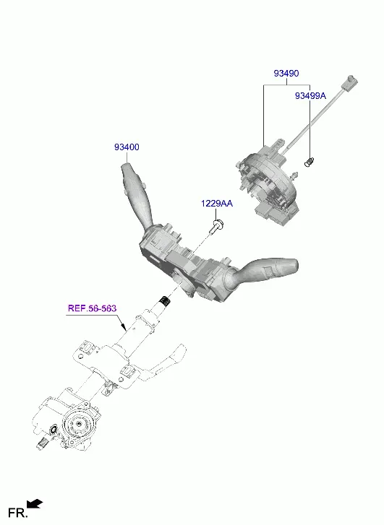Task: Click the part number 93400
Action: point(127,147)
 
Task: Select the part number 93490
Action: point(286,73)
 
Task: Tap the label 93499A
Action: point(310,96)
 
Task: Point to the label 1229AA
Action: point(217,203)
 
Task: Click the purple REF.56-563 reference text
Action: point(93,308)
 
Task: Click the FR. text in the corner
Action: point(17,513)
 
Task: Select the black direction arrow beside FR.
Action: point(35,504)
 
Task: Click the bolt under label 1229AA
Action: point(217,227)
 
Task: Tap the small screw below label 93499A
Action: point(308,162)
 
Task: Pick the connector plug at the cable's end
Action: point(350,82)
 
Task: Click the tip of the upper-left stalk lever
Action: point(126,166)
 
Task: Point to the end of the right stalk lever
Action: point(294,264)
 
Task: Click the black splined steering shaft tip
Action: point(165,300)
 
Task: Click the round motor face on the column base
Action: point(79,424)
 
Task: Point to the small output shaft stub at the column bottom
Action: point(42,444)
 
